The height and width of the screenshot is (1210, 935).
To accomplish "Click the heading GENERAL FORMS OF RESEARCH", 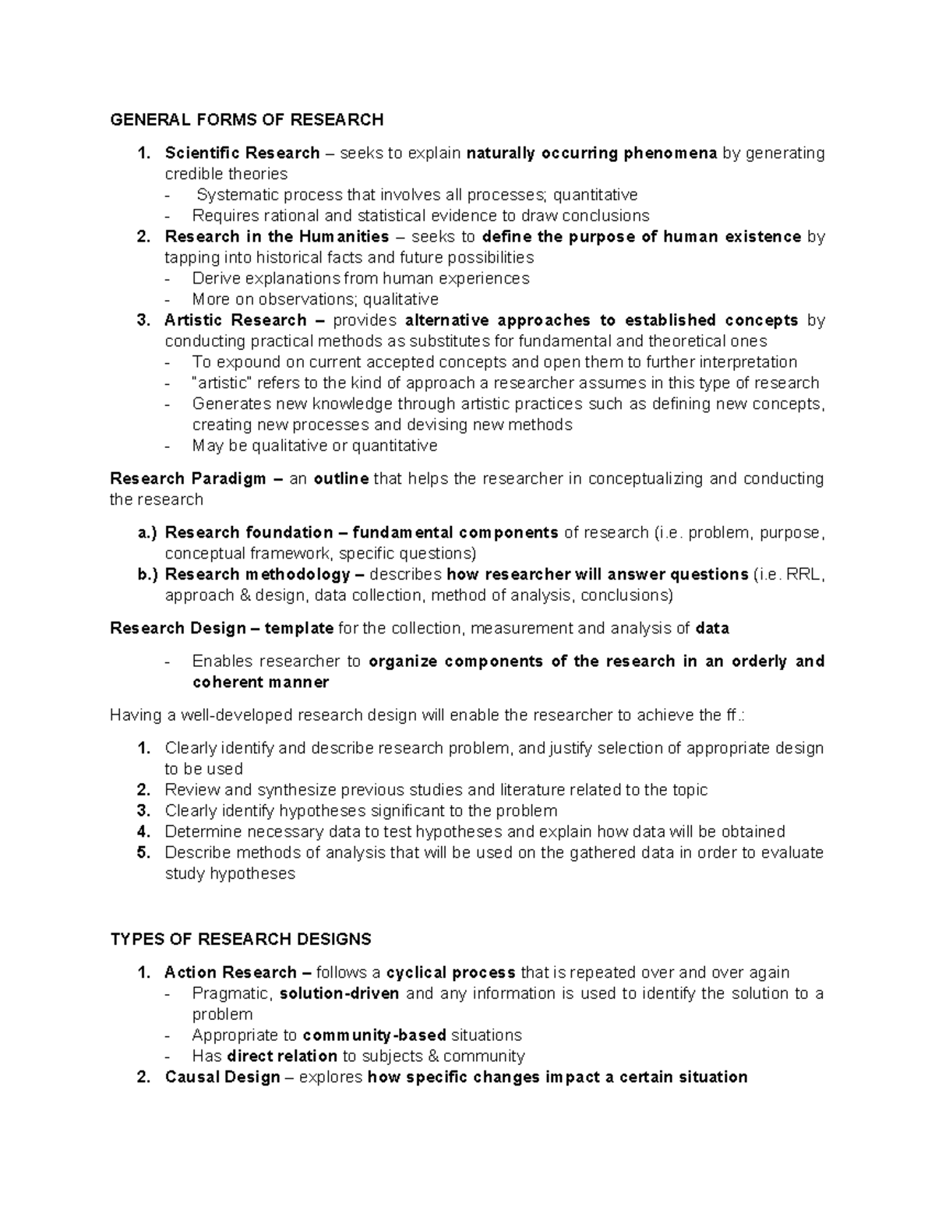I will [247, 119].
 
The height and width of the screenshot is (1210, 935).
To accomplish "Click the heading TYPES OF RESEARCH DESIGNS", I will [241, 939].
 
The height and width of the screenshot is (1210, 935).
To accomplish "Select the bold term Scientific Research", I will [242, 153].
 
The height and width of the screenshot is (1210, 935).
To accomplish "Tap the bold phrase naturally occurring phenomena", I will [591, 153].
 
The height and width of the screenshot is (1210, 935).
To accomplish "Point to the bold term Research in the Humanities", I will [277, 236].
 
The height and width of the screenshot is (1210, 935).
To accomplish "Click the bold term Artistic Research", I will [235, 320].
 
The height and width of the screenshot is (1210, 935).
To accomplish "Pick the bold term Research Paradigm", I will [188, 478].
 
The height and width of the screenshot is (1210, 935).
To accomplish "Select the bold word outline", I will [340, 478].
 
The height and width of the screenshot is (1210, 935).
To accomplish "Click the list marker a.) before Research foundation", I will [146, 533].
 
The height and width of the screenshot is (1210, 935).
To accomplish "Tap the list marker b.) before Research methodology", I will [146, 574].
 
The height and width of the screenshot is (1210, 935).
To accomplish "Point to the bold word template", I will [299, 628].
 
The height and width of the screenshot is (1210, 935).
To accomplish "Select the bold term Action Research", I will [231, 972].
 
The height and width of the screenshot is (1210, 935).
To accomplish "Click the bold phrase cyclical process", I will [450, 972].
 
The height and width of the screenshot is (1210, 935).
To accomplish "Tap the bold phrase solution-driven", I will [339, 993].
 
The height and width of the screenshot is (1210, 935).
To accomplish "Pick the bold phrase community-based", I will [374, 1035].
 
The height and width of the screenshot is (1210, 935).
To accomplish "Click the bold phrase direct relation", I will [282, 1057].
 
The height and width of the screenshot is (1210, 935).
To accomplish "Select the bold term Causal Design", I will [222, 1078].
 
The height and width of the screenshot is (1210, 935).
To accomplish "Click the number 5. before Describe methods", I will [143, 852].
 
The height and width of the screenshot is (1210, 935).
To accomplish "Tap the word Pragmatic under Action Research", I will [232, 993].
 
